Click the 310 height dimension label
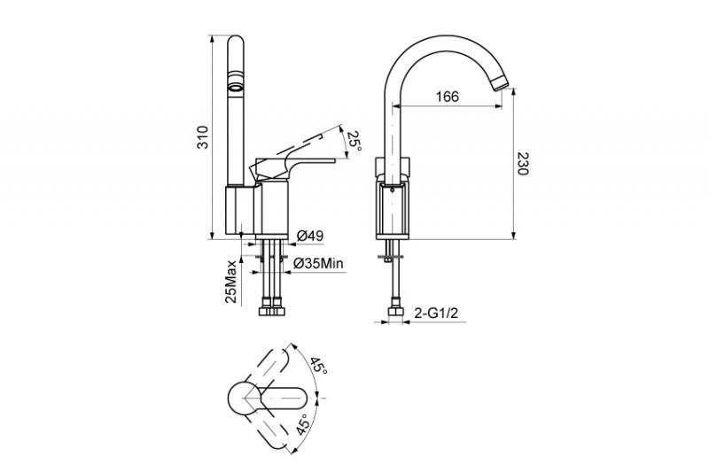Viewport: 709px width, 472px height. pyautogui.click(x=205, y=137)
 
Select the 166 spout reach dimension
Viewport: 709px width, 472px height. pyautogui.click(x=448, y=97)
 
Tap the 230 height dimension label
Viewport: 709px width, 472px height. pyautogui.click(x=522, y=165)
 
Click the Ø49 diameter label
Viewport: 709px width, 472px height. pyautogui.click(x=309, y=236)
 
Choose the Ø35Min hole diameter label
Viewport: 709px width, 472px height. pyautogui.click(x=318, y=264)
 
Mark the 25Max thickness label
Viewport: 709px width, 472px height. pyautogui.click(x=231, y=282)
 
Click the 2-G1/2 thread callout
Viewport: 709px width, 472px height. pyautogui.click(x=436, y=313)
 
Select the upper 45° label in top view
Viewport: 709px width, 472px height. pyautogui.click(x=318, y=365)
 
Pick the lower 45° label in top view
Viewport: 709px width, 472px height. pyautogui.click(x=304, y=424)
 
